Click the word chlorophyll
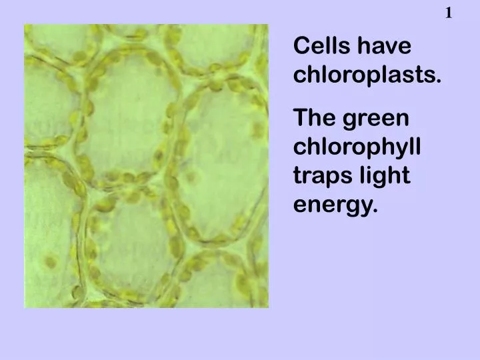[357, 148]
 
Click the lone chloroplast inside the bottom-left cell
[50, 261]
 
